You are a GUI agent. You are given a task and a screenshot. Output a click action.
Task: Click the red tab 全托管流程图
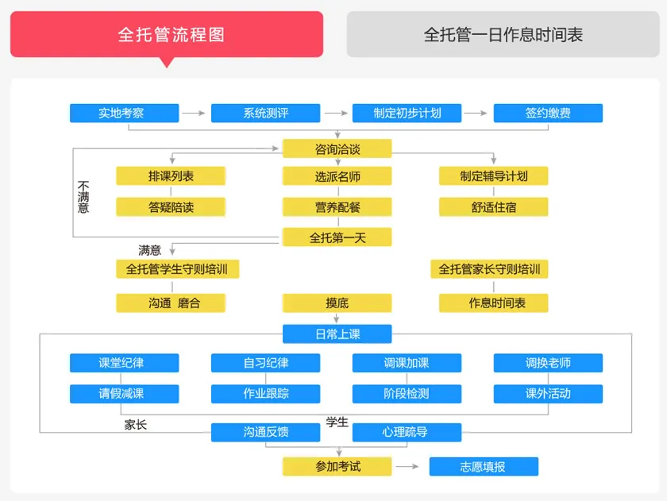167,34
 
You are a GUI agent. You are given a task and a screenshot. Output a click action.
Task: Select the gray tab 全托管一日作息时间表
503,34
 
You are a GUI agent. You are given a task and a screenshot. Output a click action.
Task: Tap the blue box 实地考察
124,113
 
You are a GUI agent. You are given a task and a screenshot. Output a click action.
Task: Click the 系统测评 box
265,113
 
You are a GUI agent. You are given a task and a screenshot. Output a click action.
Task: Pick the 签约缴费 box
548,113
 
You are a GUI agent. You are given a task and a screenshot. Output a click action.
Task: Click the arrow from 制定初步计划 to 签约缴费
476,114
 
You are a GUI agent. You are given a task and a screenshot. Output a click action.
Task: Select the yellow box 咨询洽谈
337,148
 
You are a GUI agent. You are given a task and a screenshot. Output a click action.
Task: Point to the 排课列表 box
171,176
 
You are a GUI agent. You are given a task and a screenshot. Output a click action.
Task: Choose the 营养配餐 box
337,207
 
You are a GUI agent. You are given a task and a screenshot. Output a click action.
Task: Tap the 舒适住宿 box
493,207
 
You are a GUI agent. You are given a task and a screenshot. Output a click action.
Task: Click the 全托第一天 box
337,237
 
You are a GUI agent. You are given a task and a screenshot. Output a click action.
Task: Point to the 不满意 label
83,197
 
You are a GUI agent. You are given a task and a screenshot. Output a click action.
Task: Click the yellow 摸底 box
337,303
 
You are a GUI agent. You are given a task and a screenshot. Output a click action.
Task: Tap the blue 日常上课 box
337,333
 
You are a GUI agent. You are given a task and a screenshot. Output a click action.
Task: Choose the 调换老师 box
548,363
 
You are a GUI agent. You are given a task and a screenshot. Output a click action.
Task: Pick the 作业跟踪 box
265,393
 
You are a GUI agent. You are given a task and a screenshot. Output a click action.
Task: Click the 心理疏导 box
406,432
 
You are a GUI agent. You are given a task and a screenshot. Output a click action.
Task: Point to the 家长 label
136,425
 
